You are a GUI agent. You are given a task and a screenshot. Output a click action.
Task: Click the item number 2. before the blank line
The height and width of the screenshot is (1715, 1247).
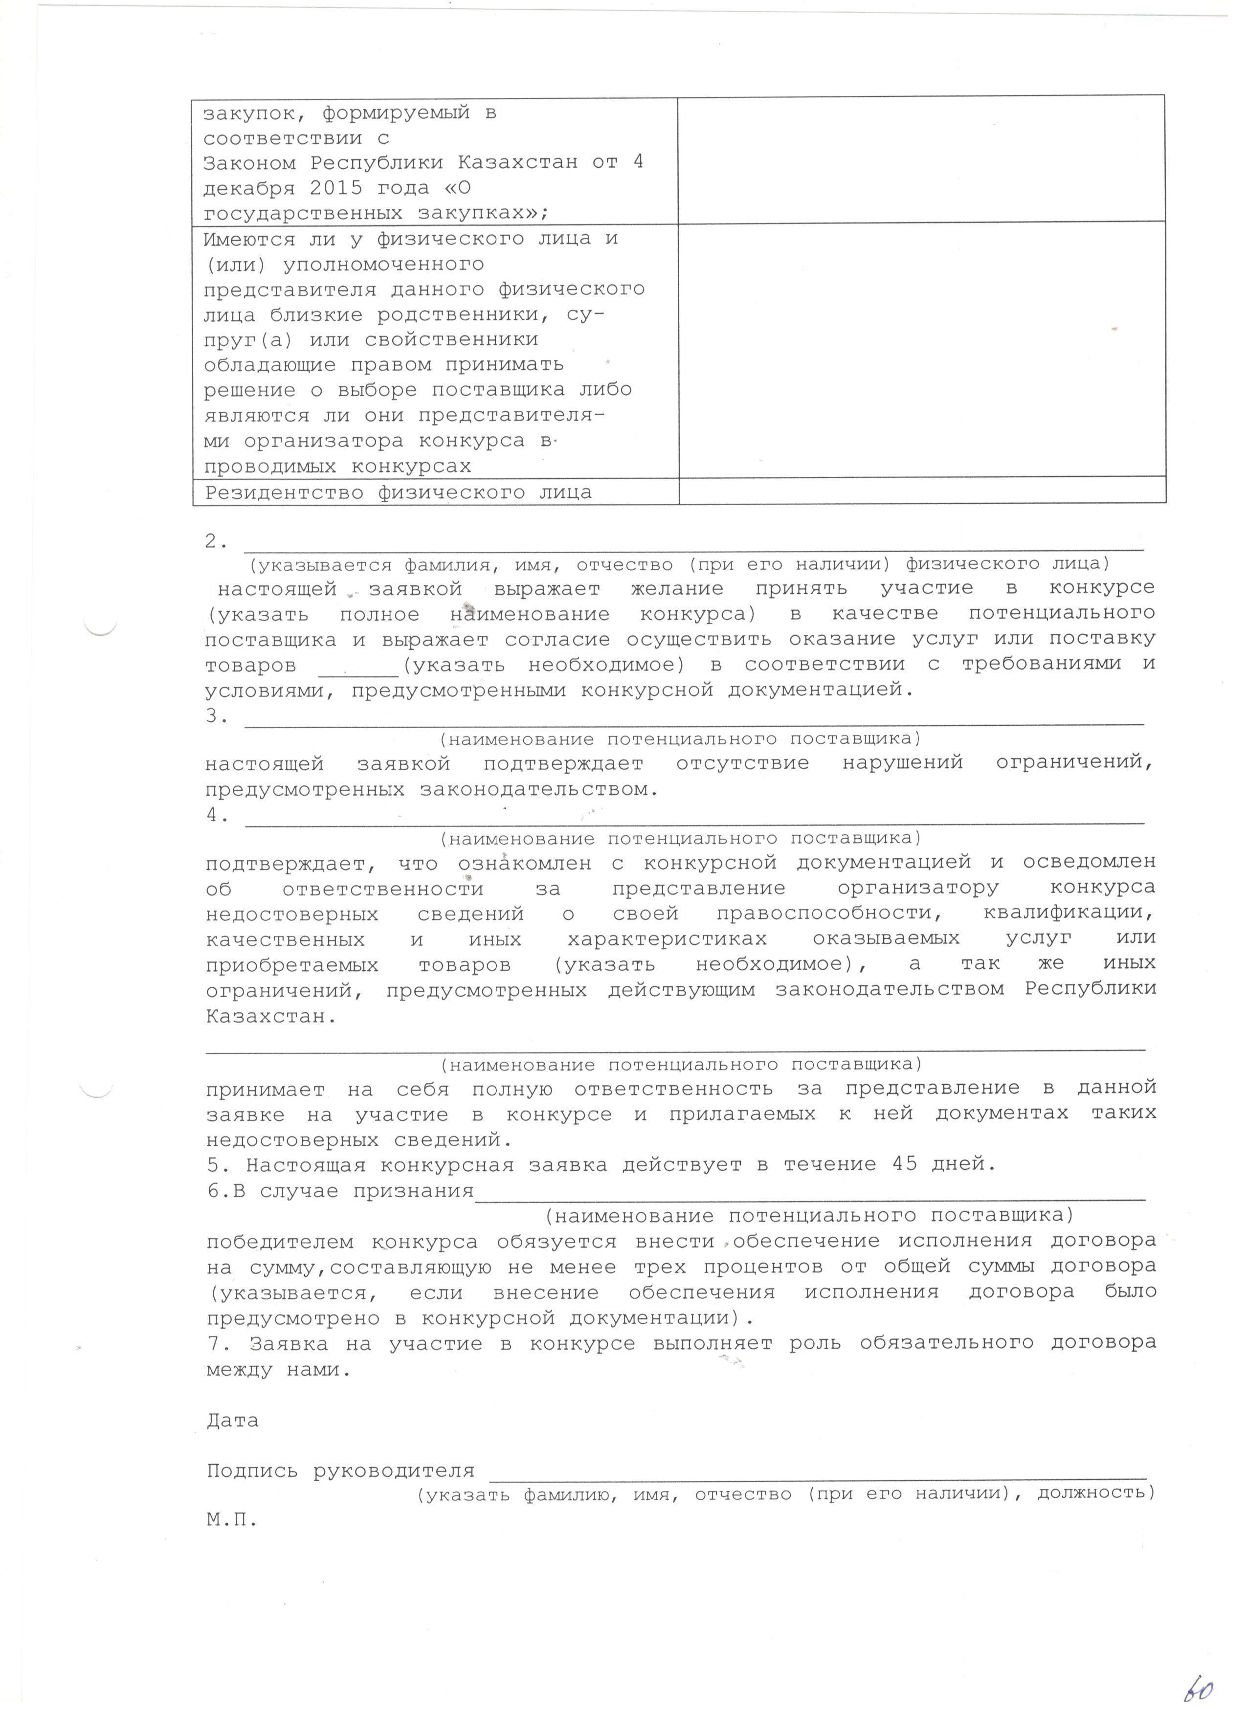216,541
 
